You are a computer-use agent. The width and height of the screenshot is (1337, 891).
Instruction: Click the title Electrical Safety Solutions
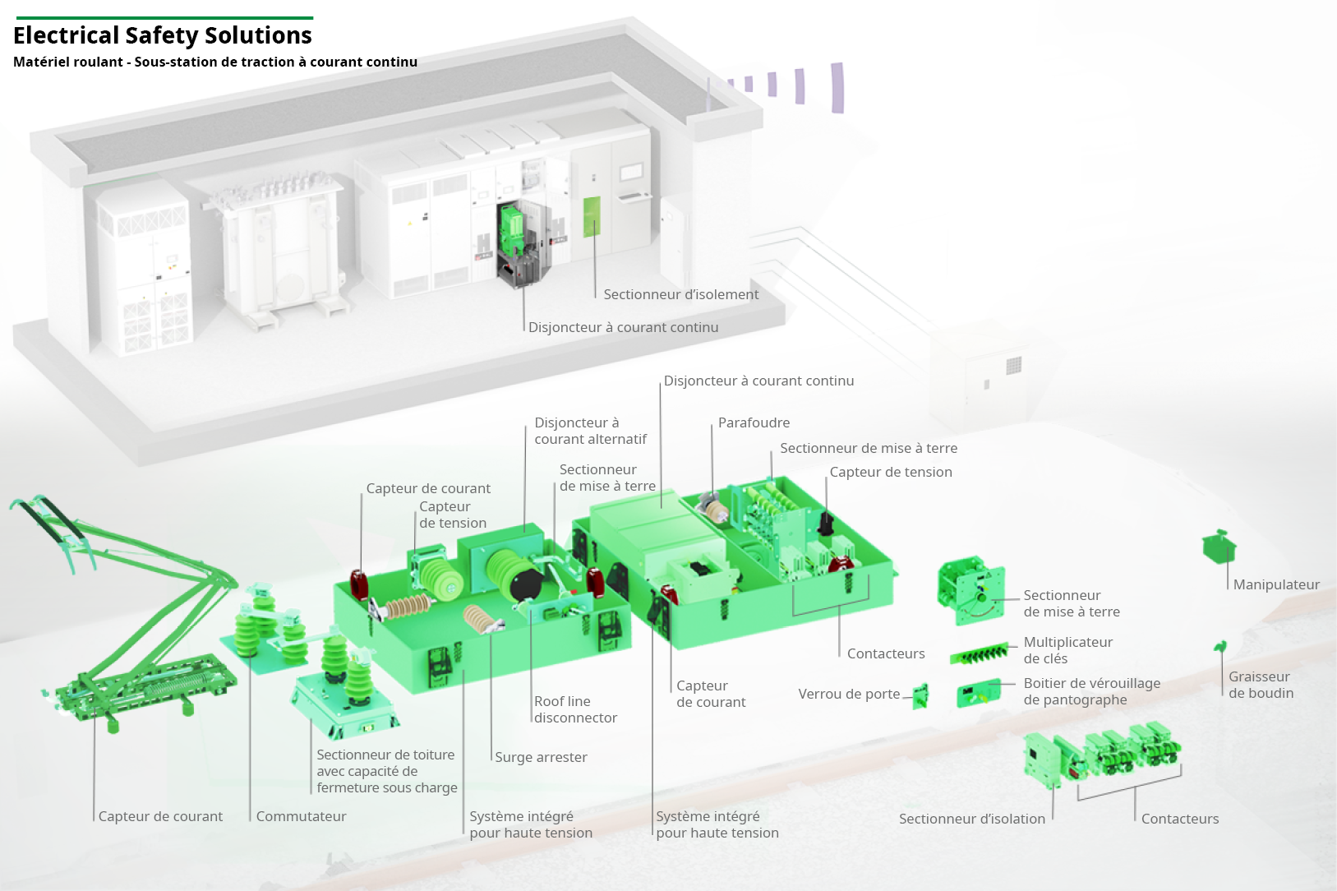point(163,35)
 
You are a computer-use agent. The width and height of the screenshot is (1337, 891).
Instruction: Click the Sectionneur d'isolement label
point(680,294)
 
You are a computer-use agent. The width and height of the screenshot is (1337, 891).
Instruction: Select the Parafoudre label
point(754,422)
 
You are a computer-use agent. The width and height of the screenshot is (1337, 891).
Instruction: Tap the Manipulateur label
point(1276,584)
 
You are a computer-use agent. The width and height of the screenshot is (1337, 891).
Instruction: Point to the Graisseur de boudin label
point(1261,685)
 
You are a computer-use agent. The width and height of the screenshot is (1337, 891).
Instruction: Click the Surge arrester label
point(541,757)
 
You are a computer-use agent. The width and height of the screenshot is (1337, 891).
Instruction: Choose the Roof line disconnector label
point(575,709)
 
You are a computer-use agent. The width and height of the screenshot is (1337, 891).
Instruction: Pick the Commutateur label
point(301,816)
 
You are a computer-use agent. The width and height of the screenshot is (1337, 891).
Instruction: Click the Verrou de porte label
point(849,694)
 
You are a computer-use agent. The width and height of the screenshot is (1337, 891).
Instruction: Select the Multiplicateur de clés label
point(1067,650)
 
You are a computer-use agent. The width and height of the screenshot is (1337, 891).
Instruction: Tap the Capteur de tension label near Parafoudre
point(891,472)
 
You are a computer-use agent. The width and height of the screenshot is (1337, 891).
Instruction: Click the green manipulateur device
point(1219,546)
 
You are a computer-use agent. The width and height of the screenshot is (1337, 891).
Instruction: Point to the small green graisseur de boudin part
point(1220,647)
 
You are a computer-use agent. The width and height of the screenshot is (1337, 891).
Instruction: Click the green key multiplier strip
point(979,654)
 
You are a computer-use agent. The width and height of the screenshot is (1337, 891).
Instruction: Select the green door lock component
point(921,696)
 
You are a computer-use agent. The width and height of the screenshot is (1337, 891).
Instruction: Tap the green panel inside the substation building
point(592,216)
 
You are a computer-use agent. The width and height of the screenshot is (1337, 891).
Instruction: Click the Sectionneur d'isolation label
point(971,819)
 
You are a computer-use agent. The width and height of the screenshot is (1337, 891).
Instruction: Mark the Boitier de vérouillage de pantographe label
point(1091,691)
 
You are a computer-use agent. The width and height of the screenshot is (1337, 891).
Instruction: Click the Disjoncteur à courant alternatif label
point(590,431)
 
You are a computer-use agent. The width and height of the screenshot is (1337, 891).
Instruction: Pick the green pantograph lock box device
point(979,693)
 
